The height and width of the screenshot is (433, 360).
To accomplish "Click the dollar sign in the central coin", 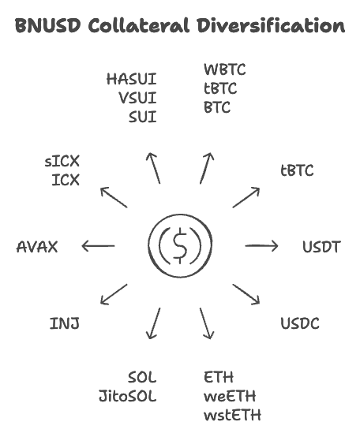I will (180, 247).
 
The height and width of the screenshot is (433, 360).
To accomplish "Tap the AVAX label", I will (37, 247).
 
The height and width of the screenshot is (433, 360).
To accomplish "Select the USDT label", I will (321, 247).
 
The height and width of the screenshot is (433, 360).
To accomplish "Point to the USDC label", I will (300, 323).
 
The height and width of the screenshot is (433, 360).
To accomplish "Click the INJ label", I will (65, 323).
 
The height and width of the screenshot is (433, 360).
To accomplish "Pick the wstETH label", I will (232, 415).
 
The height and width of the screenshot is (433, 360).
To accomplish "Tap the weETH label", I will (230, 396).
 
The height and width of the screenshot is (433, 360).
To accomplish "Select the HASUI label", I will (131, 79).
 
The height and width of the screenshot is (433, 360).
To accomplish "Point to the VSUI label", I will (137, 98).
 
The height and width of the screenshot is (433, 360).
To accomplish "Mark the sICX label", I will (62, 162).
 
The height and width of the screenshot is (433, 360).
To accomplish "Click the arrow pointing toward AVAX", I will (98, 247).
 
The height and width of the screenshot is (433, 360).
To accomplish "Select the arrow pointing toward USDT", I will (261, 246).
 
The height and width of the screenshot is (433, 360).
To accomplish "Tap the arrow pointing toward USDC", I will (246, 294).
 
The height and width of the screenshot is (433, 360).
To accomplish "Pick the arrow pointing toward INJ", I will (114, 295).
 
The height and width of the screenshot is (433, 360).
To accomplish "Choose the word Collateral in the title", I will (138, 25).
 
